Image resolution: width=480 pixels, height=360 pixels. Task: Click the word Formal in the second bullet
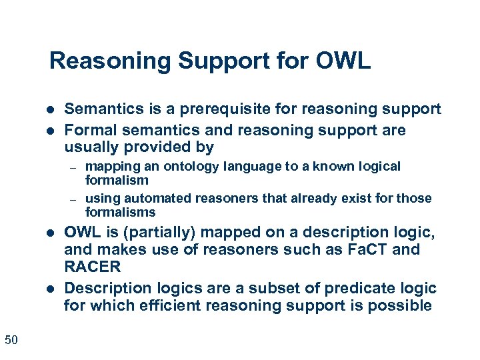pos(89,130)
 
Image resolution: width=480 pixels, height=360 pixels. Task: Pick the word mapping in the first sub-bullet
pos(111,166)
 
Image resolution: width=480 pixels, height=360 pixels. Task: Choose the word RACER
pos(92,267)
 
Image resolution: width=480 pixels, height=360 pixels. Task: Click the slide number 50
pos(11,340)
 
